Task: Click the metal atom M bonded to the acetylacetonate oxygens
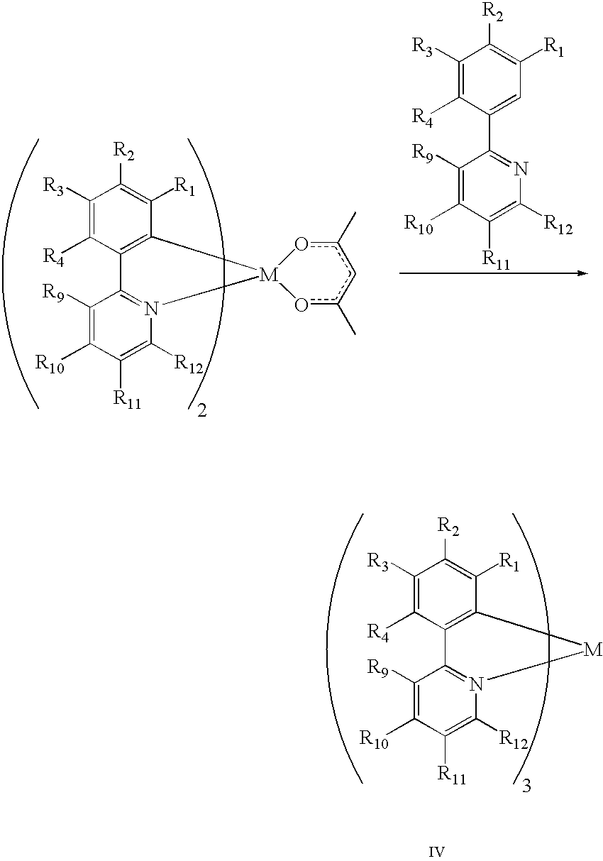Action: tap(268, 275)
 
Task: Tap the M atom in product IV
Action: tap(592, 650)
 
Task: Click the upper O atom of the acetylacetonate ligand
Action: tap(301, 245)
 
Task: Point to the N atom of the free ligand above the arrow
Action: tap(521, 169)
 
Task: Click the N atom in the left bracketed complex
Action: tap(153, 309)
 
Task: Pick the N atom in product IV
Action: tap(476, 684)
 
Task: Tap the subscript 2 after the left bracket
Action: tap(201, 412)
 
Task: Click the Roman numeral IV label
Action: tap(437, 849)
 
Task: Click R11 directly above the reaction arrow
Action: tap(496, 261)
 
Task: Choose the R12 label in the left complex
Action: tap(189, 364)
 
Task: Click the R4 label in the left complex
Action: tap(53, 257)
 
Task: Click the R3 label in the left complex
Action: tap(53, 187)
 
